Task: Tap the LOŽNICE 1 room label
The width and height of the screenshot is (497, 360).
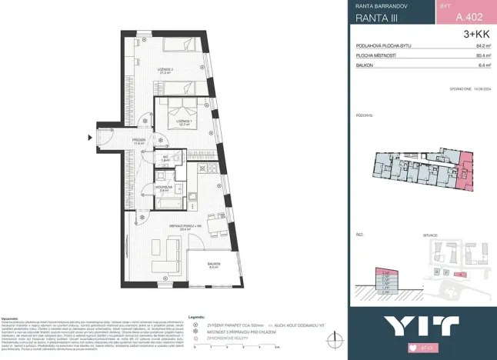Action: pyautogui.click(x=183, y=122)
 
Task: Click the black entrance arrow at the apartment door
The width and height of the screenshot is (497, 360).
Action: pyautogui.click(x=90, y=138)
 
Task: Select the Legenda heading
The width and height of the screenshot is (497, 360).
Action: pyautogui.click(x=196, y=316)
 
